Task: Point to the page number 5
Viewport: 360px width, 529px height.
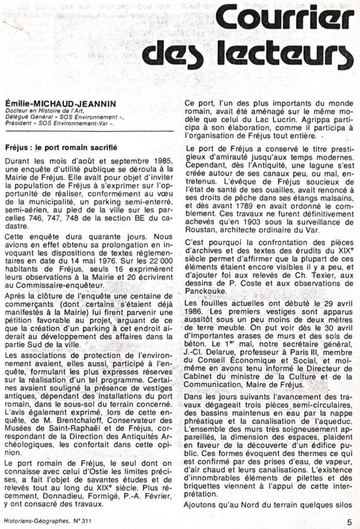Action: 350,522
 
